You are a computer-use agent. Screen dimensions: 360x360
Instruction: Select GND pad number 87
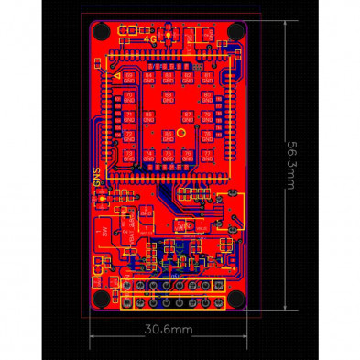[x=188, y=115]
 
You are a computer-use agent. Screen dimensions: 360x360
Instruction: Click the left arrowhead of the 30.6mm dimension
[x=93, y=336]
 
